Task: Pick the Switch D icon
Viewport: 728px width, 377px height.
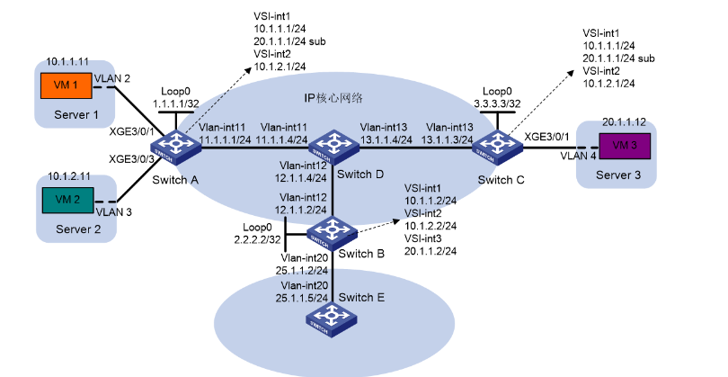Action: (333, 145)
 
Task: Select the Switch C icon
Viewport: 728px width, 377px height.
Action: (493, 145)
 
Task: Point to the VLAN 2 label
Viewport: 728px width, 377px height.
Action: (125, 78)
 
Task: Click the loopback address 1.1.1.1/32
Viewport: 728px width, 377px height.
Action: (177, 104)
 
